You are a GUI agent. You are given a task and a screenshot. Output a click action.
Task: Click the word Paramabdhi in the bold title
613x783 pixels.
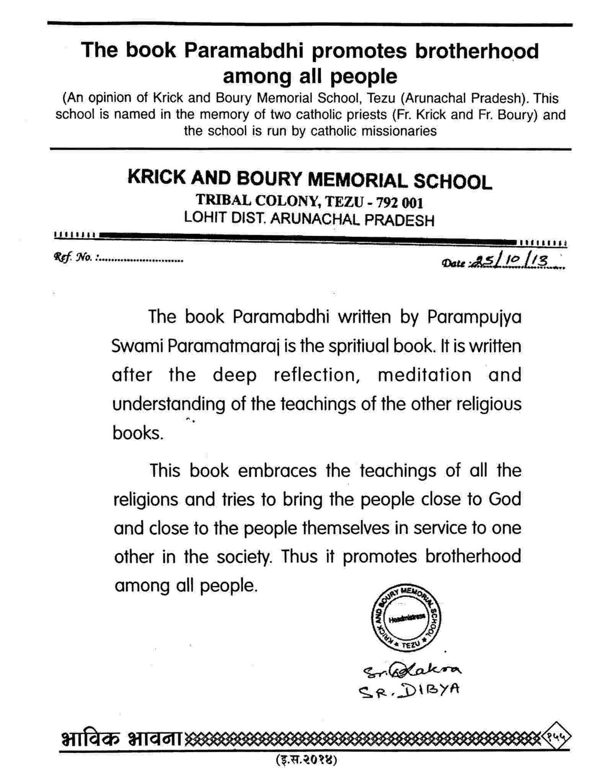[244, 51]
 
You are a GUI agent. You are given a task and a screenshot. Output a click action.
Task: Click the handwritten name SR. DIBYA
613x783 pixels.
[408, 690]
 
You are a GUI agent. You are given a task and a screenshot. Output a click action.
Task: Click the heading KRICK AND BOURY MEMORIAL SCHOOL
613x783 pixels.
[310, 180]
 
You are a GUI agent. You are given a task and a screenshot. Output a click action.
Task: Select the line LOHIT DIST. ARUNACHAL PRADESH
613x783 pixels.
[309, 219]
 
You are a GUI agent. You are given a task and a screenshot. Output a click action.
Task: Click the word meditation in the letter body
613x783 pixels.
[425, 375]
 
